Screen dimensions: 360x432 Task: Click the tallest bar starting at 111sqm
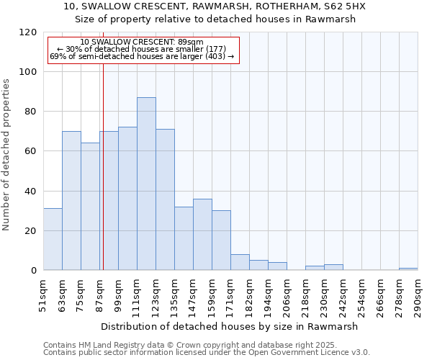tap(146, 184)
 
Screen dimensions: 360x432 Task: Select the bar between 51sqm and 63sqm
tap(53, 240)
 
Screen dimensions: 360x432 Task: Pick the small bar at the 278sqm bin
tap(408, 269)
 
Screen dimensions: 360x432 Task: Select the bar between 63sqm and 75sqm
tap(71, 201)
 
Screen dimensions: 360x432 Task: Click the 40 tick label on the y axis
tap(32, 192)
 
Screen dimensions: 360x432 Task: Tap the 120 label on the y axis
tap(29, 32)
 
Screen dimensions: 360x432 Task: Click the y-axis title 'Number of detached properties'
tap(6, 155)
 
